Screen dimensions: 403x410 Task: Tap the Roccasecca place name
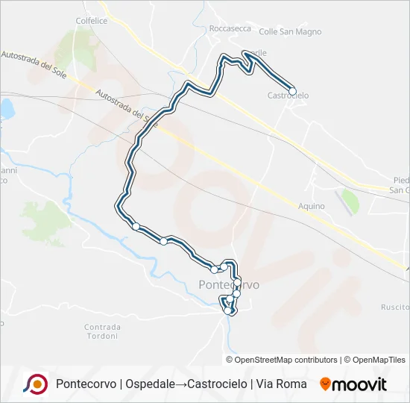point(230,28)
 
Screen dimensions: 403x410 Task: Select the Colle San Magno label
point(290,31)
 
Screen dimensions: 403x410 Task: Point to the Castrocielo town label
point(288,96)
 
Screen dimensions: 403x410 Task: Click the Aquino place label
point(311,206)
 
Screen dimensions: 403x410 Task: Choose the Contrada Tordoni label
point(101,331)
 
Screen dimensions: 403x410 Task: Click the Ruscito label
point(394,307)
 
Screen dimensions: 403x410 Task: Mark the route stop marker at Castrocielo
point(293,91)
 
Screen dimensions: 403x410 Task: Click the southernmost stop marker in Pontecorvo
point(228,311)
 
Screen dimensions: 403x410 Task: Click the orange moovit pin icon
point(325,384)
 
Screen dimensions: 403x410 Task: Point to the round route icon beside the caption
point(36,384)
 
